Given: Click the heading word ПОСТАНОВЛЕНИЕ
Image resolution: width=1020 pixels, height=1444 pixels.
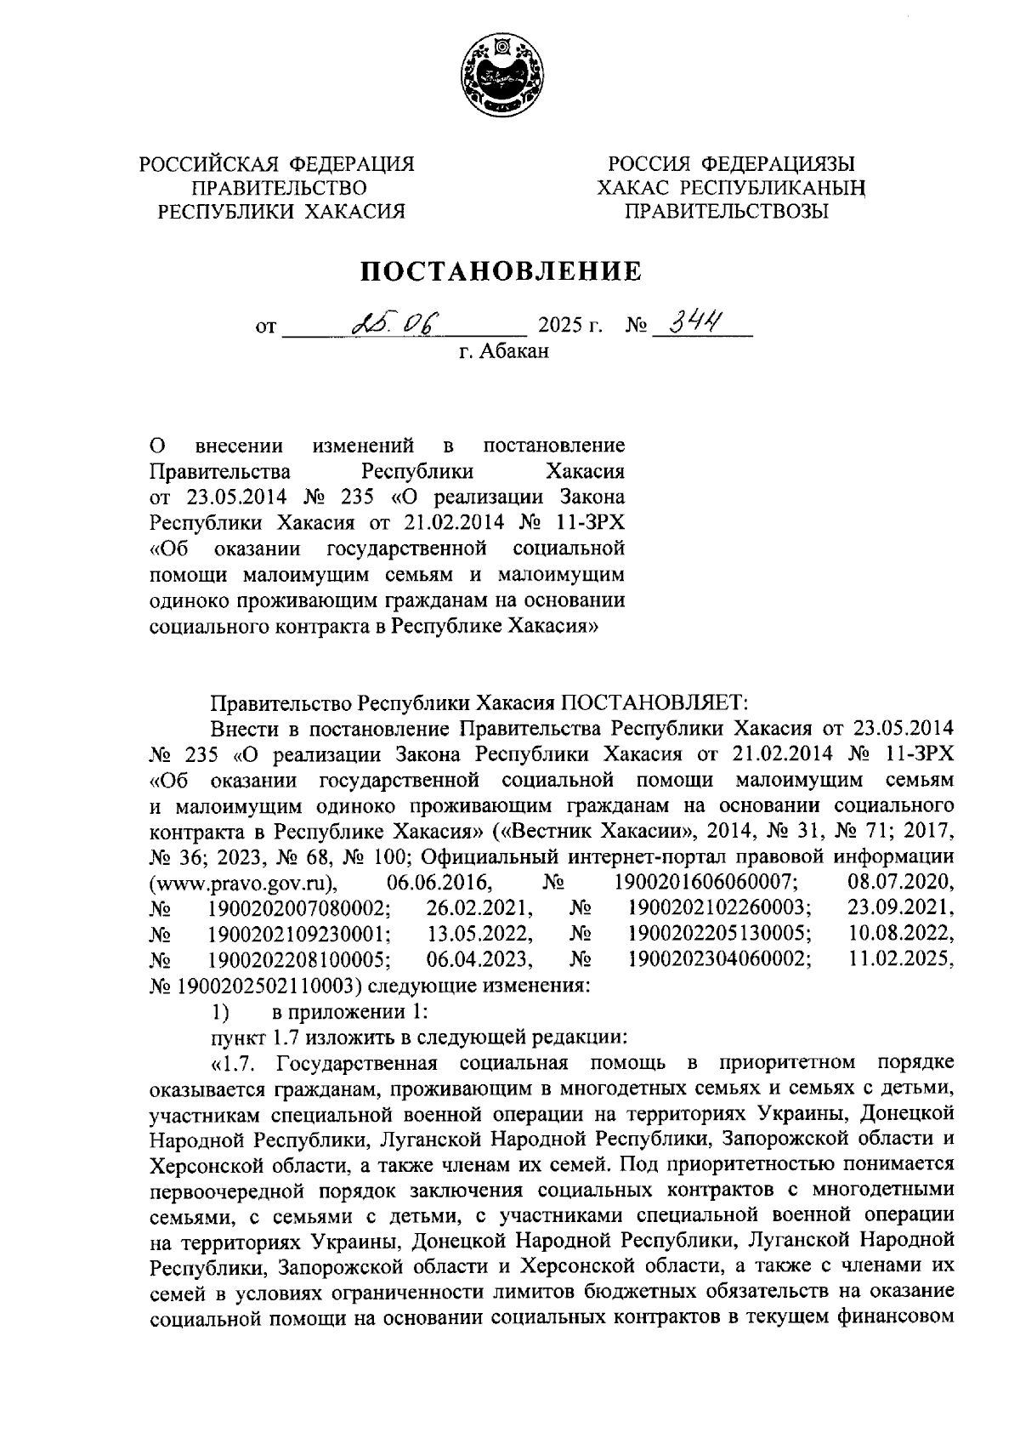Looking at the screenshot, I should click(x=501, y=271).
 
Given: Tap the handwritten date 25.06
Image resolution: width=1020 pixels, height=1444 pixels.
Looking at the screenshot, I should click(x=398, y=323).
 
